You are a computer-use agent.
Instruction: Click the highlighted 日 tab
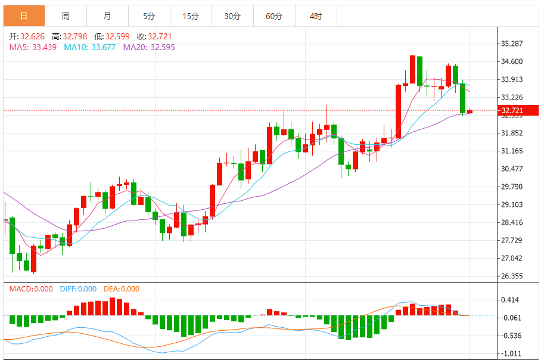point(23,16)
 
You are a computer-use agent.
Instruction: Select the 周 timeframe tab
point(65,16)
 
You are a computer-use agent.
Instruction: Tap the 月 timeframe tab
point(107,16)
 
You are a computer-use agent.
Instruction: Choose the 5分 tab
point(149,16)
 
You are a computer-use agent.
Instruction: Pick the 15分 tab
point(191,16)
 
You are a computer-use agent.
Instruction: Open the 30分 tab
point(232,16)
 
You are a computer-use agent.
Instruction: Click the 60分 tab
point(274,16)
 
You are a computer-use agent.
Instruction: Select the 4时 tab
point(316,16)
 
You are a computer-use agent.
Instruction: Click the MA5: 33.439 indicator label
point(33,47)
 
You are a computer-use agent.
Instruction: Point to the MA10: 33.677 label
point(89,47)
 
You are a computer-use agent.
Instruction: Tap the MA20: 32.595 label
point(149,47)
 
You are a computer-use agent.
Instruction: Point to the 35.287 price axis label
point(512,44)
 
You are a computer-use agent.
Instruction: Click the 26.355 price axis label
point(512,276)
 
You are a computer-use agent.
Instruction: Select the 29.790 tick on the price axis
point(512,187)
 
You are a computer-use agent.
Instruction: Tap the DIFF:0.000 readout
point(78,289)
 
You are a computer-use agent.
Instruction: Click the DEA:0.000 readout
point(122,289)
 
